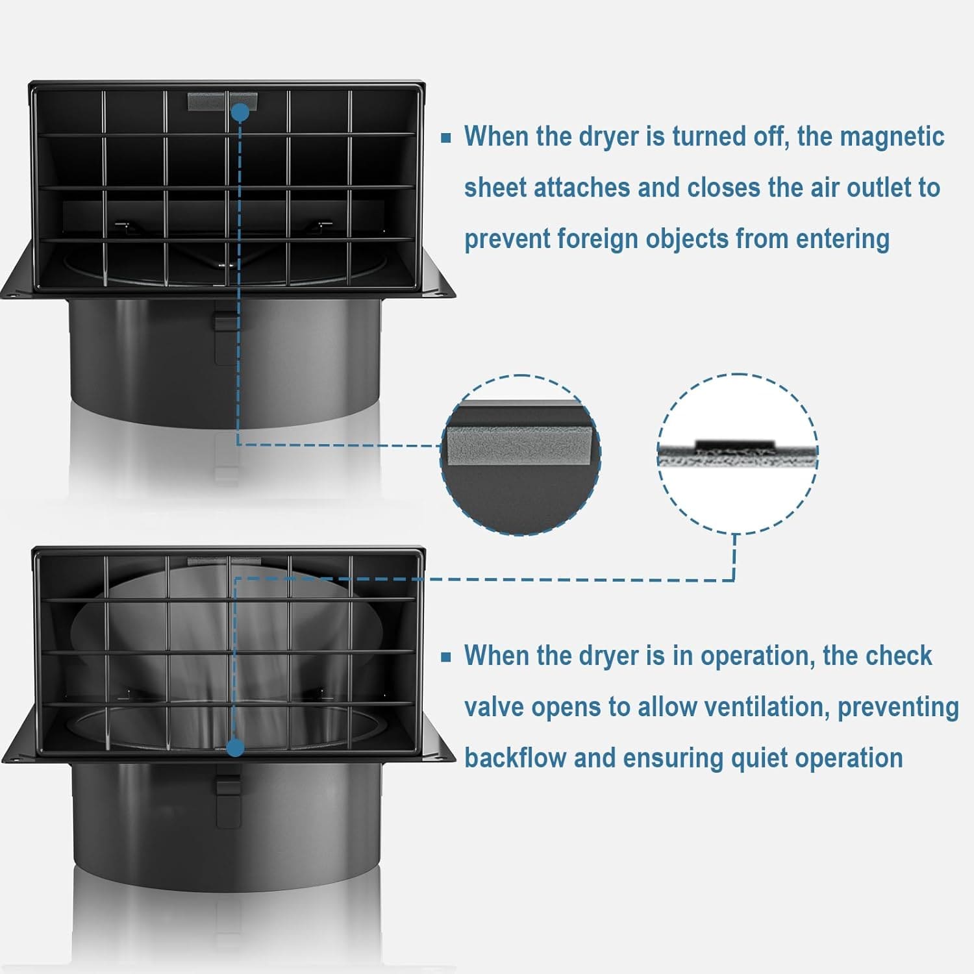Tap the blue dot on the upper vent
click(x=240, y=112)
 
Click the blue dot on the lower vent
click(x=236, y=748)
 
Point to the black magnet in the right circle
click(x=735, y=444)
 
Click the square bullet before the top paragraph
click(x=446, y=138)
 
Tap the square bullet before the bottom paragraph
click(x=446, y=656)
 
